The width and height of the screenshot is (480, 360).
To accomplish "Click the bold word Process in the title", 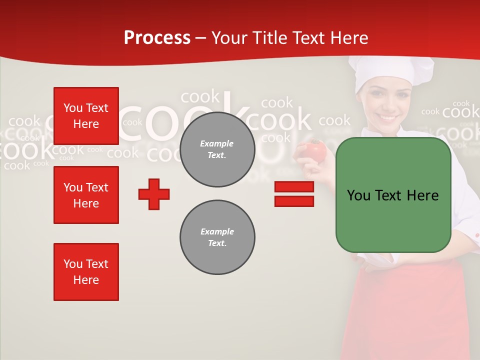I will [157, 38].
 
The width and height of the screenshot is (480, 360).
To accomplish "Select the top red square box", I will [86, 116].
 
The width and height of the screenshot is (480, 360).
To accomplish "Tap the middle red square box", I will [86, 195].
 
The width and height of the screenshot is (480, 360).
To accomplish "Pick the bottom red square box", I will [86, 272].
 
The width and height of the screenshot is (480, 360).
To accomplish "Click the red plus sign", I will [154, 194].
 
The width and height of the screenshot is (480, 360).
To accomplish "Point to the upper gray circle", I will [217, 149].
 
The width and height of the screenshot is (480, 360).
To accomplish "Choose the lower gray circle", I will [217, 237].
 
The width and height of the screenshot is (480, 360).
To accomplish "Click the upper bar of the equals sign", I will [294, 187].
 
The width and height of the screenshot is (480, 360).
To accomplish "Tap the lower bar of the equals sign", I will [294, 201].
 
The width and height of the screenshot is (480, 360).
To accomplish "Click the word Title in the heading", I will [269, 38].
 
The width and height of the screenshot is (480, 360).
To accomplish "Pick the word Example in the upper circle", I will [217, 143].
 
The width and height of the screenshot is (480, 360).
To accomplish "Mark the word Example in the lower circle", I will [217, 231].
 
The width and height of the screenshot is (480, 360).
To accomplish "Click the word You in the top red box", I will [72, 108].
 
